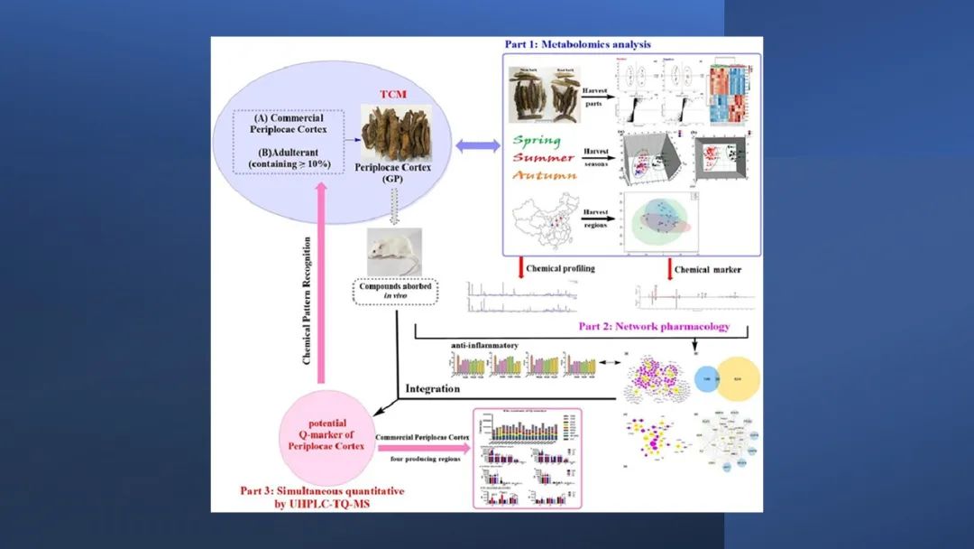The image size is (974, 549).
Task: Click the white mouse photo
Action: coord(394,251)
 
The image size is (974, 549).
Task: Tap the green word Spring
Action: coord(538,141)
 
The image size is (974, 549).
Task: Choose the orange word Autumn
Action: coord(545,176)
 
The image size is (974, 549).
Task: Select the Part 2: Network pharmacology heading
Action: coord(653,327)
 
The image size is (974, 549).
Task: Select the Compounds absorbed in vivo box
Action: coord(394,293)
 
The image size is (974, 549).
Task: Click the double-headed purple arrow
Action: coord(478,145)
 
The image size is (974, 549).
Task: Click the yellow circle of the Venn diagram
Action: coord(737,378)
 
